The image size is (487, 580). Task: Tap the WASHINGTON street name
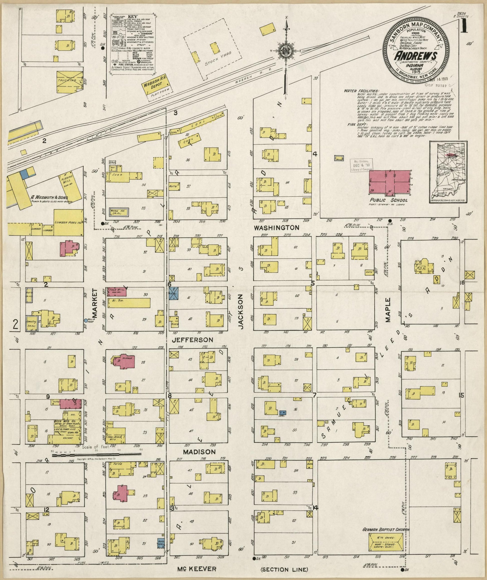(276, 228)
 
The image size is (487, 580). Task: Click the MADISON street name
(195, 451)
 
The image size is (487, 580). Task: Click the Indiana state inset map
(448, 172)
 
